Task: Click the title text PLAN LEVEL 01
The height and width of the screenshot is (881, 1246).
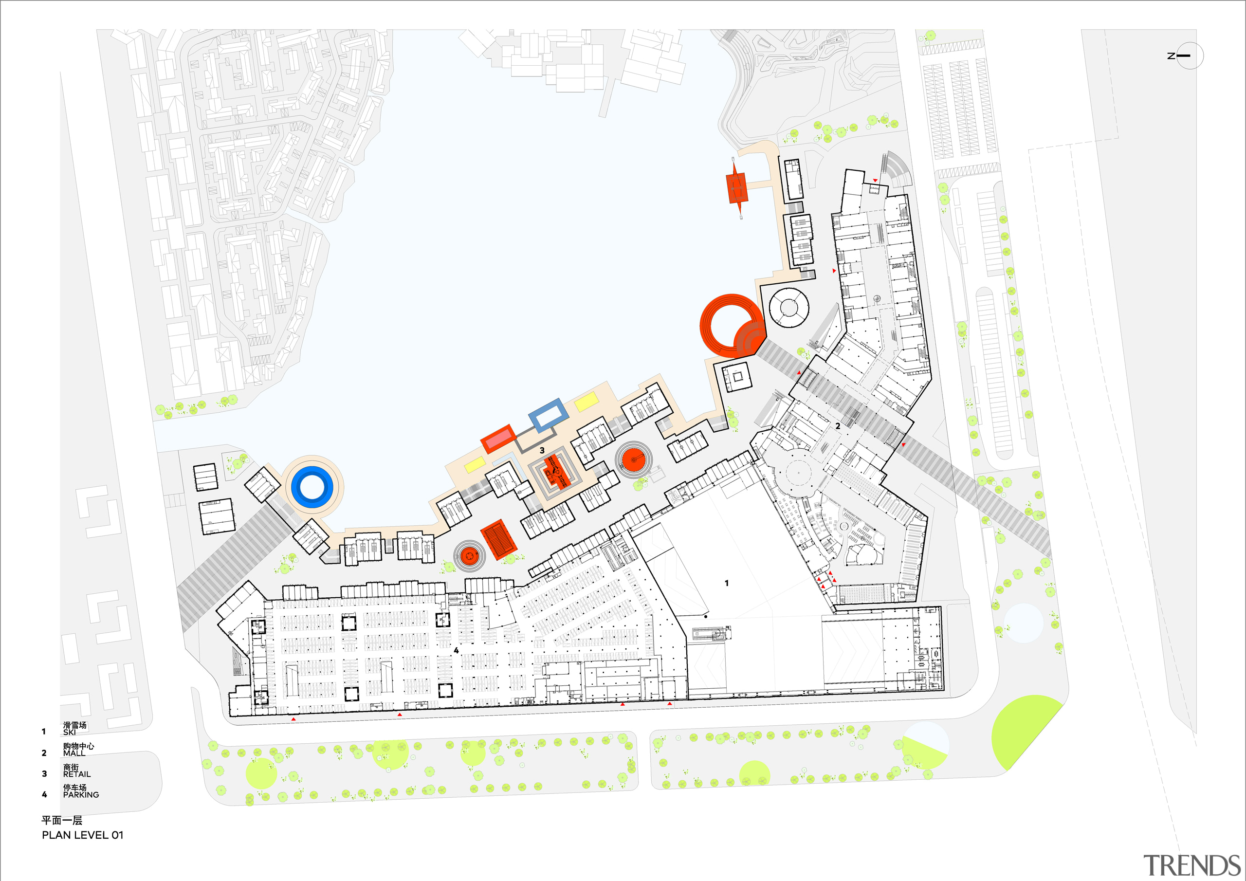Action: pos(82,835)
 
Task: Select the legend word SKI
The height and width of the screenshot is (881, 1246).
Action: pos(69,732)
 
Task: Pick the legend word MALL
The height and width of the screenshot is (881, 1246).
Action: pos(74,753)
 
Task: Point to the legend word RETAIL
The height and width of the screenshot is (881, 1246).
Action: pos(76,774)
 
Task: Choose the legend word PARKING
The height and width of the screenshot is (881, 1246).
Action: pos(81,795)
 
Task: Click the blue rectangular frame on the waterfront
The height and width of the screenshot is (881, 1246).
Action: pos(548,415)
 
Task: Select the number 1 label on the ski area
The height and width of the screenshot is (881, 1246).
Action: pos(727,583)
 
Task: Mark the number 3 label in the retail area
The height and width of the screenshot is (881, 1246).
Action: pos(542,451)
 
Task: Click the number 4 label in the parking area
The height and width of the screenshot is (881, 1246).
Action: pos(456,650)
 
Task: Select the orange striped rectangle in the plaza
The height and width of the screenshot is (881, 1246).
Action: pos(498,538)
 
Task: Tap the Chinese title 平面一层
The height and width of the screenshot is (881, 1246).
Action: pos(62,820)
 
